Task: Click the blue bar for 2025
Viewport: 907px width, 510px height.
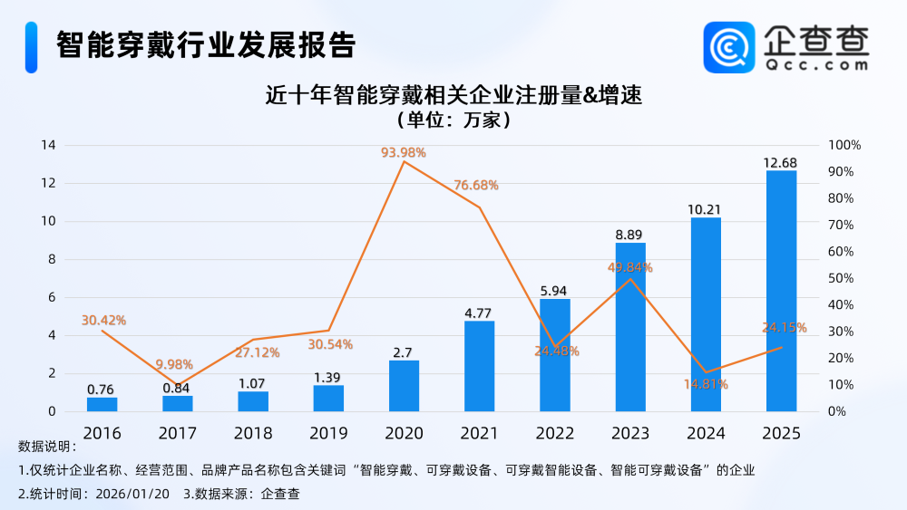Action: coord(781,290)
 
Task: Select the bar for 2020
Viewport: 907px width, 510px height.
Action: coord(404,386)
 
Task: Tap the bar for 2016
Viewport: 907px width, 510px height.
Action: coord(102,404)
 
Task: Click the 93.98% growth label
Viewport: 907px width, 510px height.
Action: coord(404,152)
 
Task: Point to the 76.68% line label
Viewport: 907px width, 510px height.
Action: coord(476,185)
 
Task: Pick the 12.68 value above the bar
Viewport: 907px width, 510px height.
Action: coord(781,162)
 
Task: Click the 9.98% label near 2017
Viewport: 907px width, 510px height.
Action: coord(174,364)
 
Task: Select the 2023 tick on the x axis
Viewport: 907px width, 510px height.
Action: coord(630,433)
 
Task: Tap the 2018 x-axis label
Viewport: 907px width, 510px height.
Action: coord(253,433)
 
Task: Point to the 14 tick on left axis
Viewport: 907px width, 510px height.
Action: coord(48,145)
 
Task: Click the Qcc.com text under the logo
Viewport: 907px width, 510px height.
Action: coord(816,65)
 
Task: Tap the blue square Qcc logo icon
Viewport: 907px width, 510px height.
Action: coord(729,48)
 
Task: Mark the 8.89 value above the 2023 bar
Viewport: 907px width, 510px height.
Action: coord(630,234)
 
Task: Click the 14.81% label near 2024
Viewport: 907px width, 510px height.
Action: coord(706,384)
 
